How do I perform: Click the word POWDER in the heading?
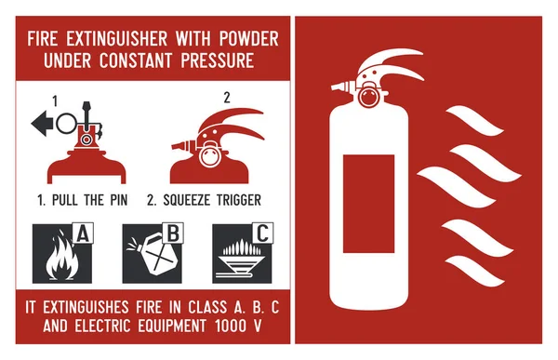(x=247, y=41)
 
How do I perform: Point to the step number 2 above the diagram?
(x=226, y=97)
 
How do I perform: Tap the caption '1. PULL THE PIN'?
(x=82, y=200)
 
